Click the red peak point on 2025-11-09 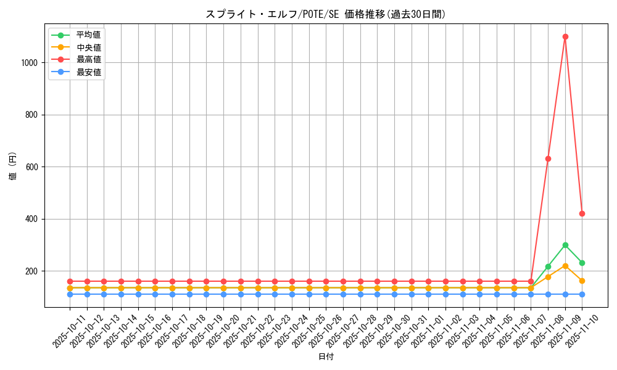click(x=565, y=36)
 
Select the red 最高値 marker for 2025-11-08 click(x=548, y=158)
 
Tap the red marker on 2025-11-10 click(x=582, y=213)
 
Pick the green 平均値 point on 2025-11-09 click(x=565, y=245)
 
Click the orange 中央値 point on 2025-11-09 click(x=565, y=266)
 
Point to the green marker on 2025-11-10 click(x=582, y=263)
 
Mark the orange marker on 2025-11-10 click(x=582, y=281)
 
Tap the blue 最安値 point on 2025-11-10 click(x=582, y=294)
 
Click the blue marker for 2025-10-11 click(x=70, y=294)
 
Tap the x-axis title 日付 click(x=326, y=357)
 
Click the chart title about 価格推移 click(x=326, y=14)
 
